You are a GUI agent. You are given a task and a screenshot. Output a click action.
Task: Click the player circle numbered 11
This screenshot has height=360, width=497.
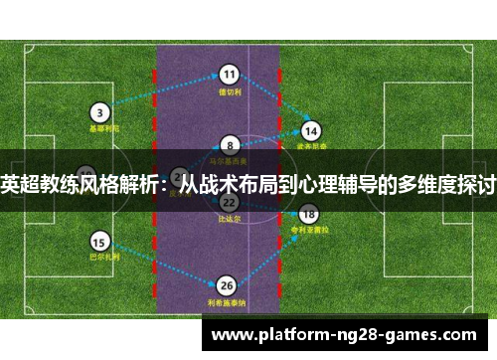[230, 74]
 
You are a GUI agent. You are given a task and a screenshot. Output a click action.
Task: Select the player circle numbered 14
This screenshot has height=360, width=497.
[311, 130]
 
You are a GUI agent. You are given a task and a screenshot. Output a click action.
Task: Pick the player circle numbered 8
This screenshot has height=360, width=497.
[230, 144]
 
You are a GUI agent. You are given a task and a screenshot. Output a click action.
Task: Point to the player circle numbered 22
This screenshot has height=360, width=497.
[229, 202]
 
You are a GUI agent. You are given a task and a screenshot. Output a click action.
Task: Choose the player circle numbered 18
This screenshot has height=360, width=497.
[308, 213]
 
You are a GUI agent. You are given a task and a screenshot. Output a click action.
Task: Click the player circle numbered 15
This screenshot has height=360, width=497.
[99, 241]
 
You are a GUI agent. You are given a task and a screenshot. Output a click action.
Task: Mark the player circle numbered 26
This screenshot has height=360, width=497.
[228, 284]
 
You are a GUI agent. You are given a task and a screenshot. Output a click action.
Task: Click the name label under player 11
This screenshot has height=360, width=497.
[230, 91]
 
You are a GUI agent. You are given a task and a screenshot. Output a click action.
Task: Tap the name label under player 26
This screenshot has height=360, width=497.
[228, 302]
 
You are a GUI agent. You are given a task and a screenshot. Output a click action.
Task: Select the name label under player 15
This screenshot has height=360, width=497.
[99, 258]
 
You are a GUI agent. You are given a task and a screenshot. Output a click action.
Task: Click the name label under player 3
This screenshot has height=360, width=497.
[101, 128]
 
